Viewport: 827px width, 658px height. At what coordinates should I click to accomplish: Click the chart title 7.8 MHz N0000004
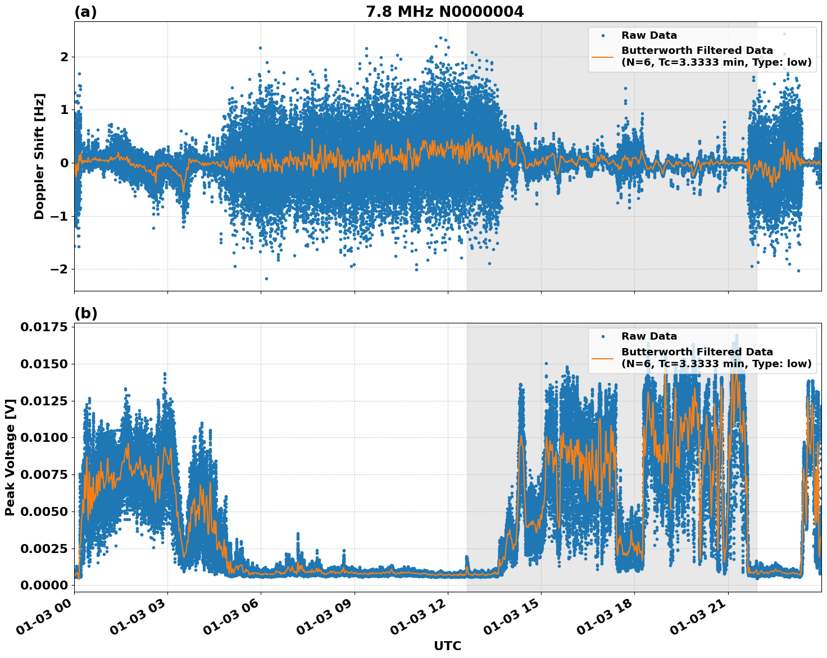pos(444,12)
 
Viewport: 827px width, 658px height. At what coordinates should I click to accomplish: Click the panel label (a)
pos(85,12)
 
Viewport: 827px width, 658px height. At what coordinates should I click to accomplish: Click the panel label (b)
pos(85,313)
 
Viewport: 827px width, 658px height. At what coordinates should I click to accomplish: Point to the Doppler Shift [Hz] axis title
pos(39,156)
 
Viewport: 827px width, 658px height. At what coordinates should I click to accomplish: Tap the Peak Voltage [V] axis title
pos(10,457)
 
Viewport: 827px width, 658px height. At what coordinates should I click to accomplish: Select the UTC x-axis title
pos(447,646)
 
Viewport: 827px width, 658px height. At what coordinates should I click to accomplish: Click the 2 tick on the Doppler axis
pos(64,57)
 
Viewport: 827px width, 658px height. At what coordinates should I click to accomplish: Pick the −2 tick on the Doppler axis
pos(59,269)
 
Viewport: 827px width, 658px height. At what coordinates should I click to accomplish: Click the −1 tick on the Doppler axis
pos(59,216)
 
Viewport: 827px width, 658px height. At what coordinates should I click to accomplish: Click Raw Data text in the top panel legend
pos(649,35)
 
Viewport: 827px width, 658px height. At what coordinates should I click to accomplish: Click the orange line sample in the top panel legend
pos(603,56)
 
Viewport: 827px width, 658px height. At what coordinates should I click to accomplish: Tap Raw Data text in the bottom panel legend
pos(649,336)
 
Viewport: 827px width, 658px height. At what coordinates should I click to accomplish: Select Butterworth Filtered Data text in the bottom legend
pos(697,352)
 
